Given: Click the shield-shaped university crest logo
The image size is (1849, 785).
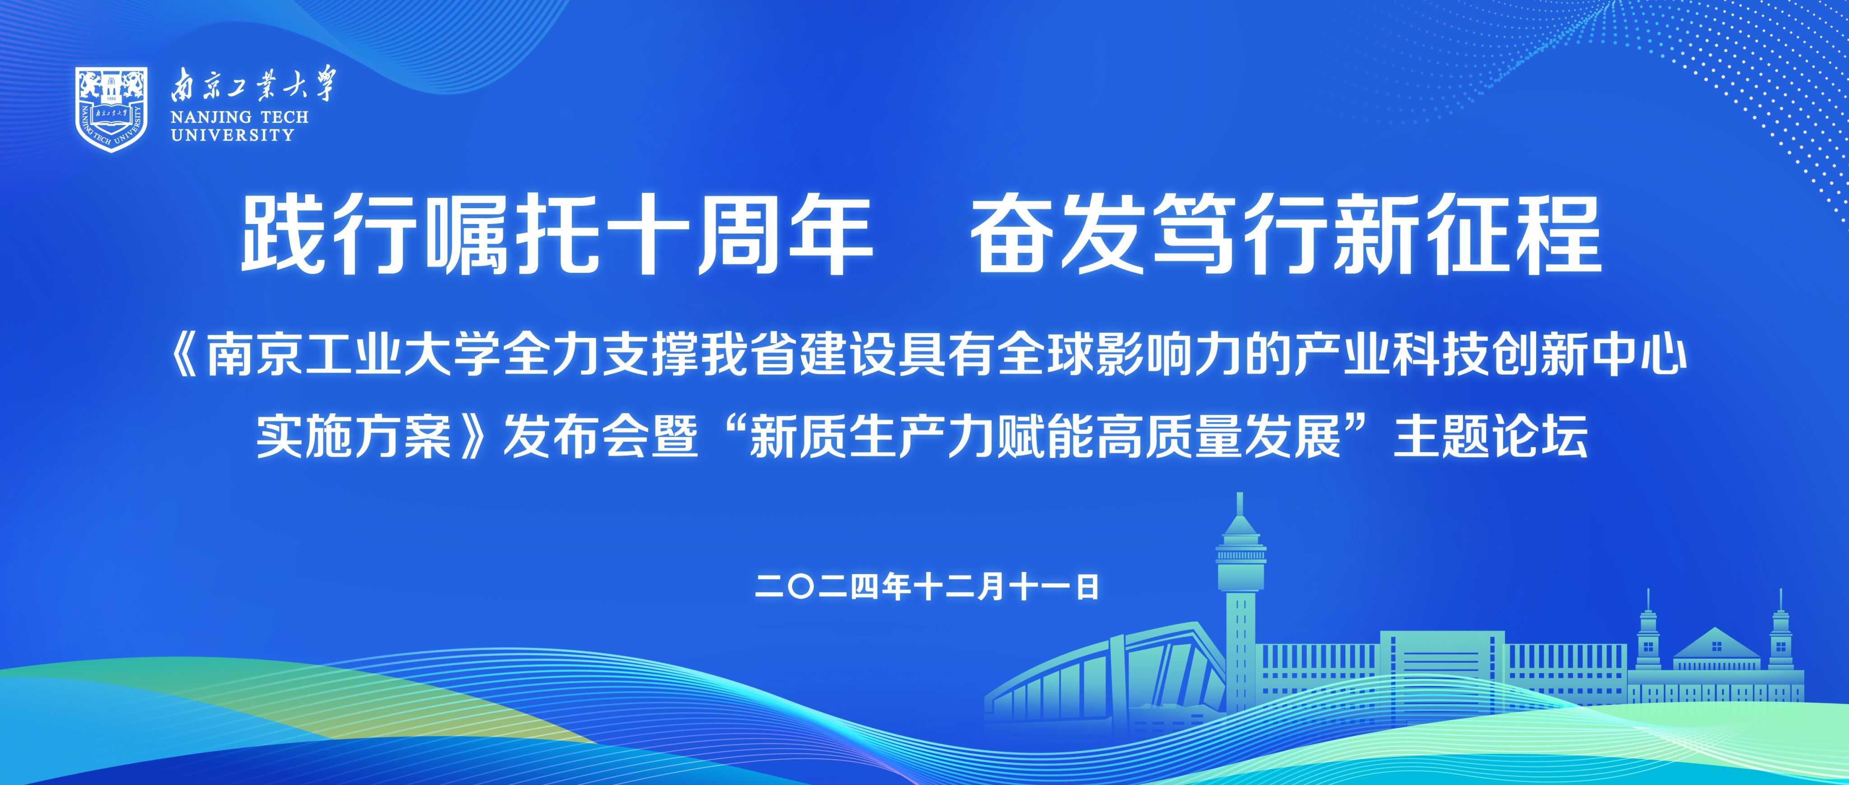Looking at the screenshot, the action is tap(111, 109).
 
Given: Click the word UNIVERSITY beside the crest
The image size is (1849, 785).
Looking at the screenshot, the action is tap(232, 135).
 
